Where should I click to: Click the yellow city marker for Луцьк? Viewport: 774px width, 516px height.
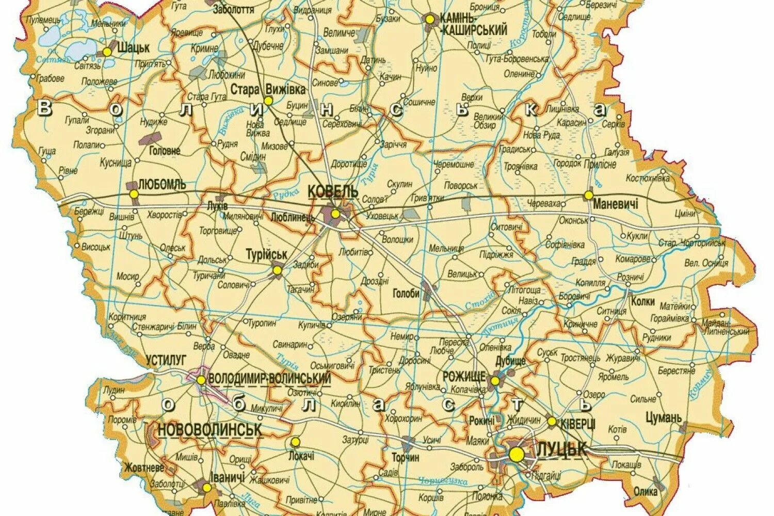click(516, 454)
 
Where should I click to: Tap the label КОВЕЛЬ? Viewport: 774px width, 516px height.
click(333, 191)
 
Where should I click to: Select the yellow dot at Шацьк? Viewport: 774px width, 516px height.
click(107, 52)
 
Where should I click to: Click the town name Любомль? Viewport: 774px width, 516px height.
click(162, 185)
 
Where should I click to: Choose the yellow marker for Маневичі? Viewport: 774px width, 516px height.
click(588, 195)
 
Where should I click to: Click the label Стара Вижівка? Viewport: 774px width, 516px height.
click(268, 89)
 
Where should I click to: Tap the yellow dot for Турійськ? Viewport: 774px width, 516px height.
click(277, 270)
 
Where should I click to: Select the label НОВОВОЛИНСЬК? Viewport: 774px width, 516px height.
click(209, 429)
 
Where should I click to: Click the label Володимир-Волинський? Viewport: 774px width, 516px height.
click(269, 378)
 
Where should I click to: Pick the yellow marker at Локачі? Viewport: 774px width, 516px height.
click(295, 442)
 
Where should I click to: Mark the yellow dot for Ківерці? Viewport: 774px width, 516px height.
click(552, 422)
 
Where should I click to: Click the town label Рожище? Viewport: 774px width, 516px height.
click(464, 377)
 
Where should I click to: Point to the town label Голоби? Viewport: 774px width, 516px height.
click(406, 294)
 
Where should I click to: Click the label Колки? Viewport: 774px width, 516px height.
click(642, 301)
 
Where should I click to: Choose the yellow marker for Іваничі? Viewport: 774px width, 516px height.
click(206, 487)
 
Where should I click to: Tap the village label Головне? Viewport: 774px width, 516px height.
click(164, 151)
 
